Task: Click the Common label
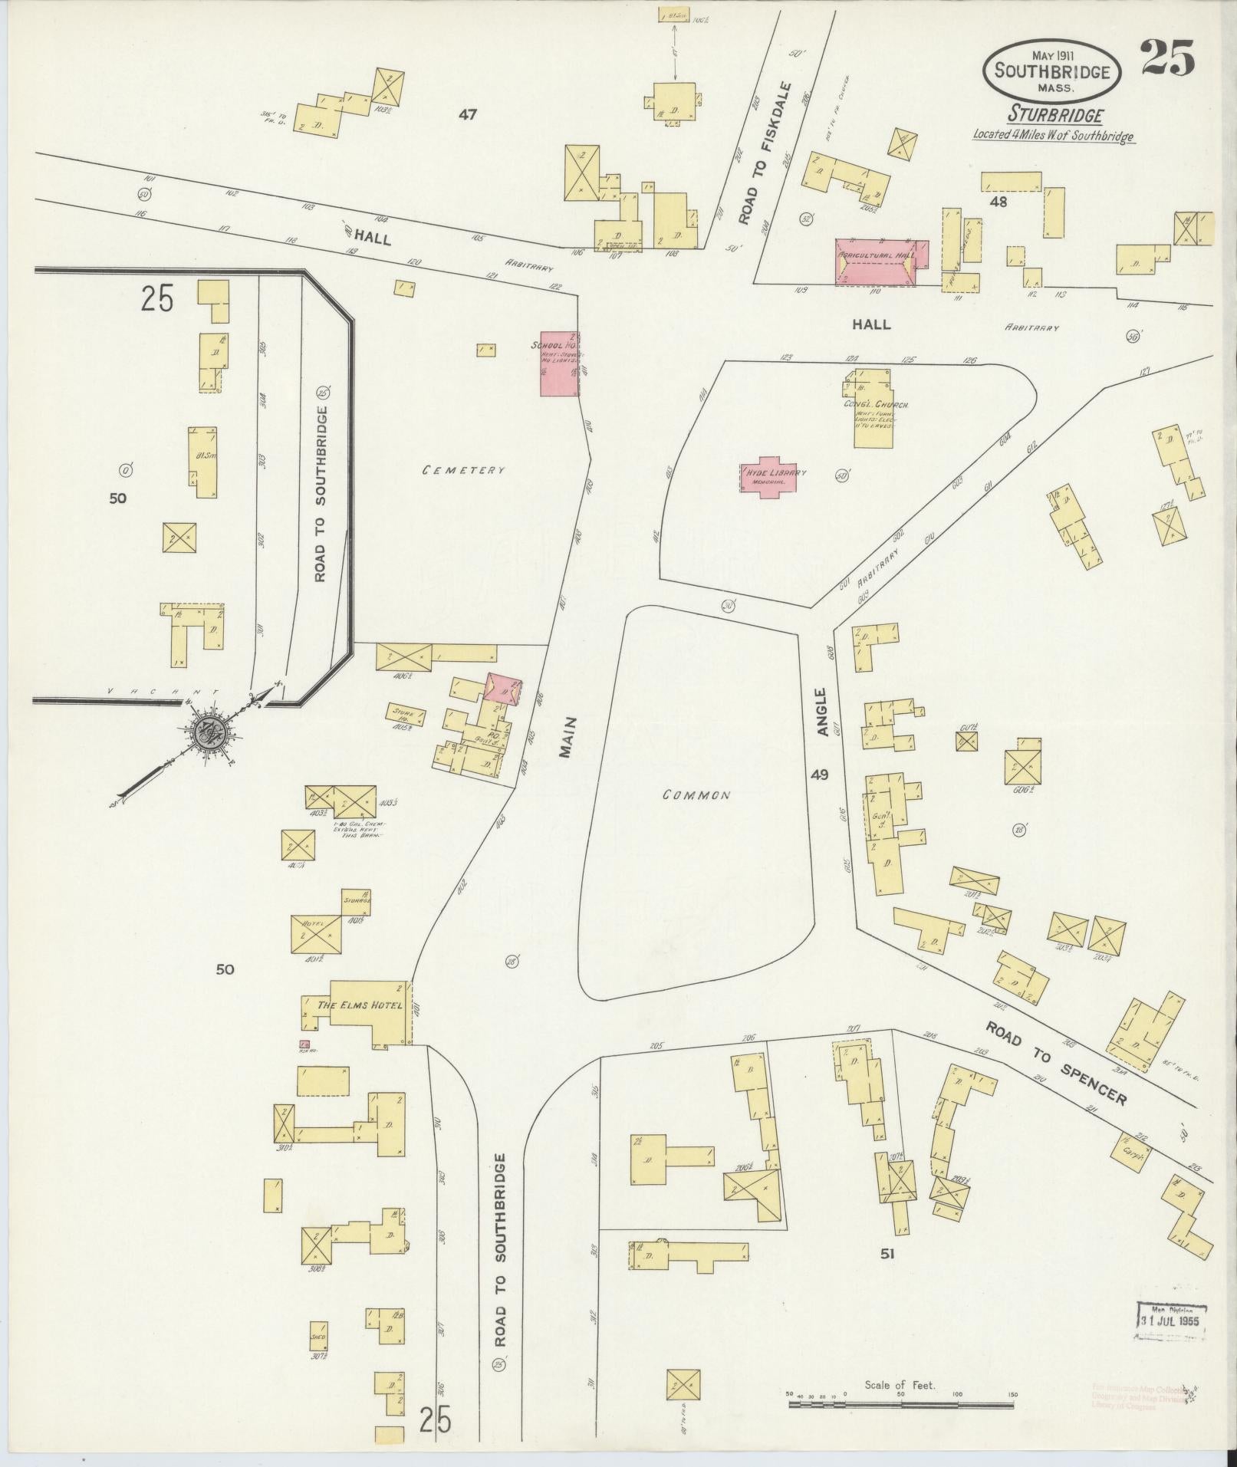pyautogui.click(x=696, y=795)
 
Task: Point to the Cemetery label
pyautogui.click(x=463, y=469)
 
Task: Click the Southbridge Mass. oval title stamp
pyautogui.click(x=1052, y=71)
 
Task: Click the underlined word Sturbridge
pyautogui.click(x=1055, y=115)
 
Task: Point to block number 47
pyautogui.click(x=468, y=115)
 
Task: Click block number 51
pyautogui.click(x=887, y=1254)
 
